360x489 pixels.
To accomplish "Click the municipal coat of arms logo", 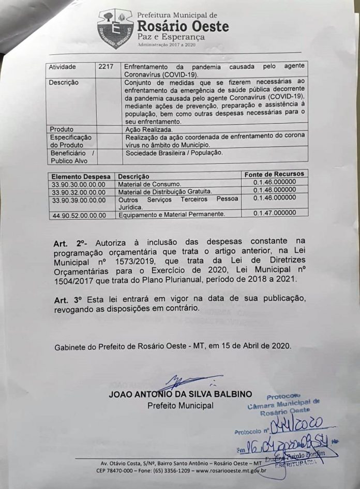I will pos(115,28).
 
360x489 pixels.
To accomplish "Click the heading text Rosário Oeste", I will pos(183,26).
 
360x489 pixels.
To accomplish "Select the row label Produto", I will pos(61,129).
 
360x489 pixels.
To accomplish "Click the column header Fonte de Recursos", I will pos(274,174).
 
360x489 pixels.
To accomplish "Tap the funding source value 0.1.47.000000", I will pos(275,212).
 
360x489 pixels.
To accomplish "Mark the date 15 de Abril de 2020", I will pos(257,346).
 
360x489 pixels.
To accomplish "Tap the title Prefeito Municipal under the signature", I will pos(180,406).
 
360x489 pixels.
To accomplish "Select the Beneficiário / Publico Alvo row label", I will pos(71,157).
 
